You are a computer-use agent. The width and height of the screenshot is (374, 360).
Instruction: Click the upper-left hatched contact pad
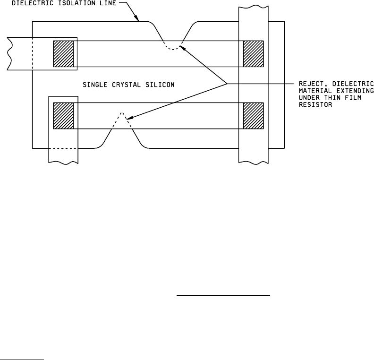coord(63,54)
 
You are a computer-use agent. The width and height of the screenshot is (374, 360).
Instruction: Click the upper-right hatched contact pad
coord(253,54)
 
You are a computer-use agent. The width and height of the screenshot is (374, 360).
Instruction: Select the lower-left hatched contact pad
coord(63,115)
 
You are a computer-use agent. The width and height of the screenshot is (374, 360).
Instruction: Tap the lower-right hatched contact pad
coord(253,115)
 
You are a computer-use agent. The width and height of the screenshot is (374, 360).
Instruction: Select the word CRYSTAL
coord(127,85)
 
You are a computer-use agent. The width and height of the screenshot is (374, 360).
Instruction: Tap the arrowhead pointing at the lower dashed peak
coord(130,119)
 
